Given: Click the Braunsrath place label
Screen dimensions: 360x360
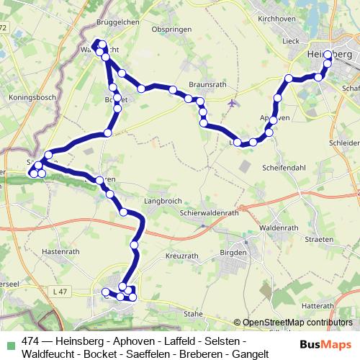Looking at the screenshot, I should [207, 84].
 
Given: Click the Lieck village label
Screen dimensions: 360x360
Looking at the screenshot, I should [290, 42].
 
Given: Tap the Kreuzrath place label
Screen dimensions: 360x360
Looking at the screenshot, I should [181, 256].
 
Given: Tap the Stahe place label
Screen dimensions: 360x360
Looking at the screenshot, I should [193, 314].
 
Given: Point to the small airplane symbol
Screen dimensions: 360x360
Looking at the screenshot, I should [232, 103].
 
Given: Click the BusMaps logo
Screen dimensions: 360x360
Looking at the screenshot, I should [326, 345].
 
